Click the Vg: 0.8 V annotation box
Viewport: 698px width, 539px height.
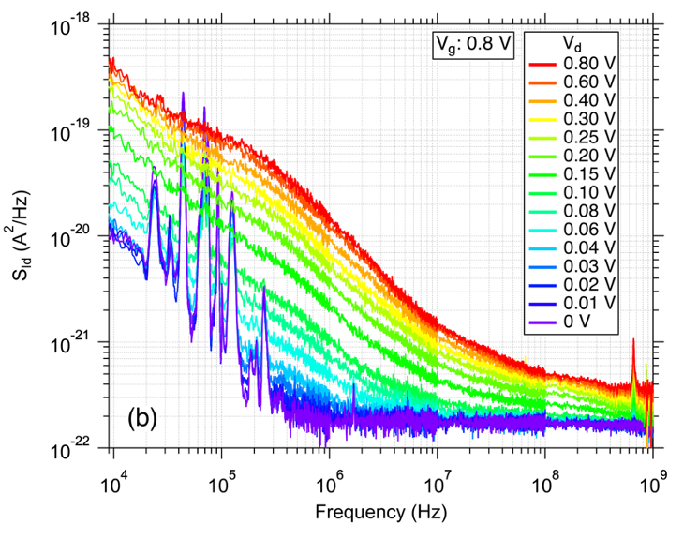click(x=471, y=45)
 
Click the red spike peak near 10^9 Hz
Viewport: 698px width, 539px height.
click(x=634, y=340)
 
